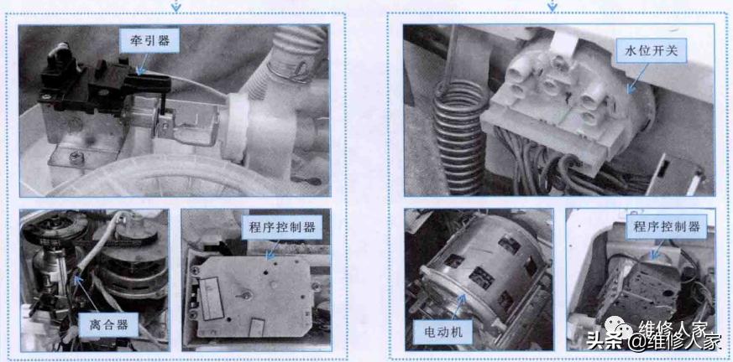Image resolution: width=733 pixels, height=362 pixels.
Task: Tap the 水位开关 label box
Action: (656, 53)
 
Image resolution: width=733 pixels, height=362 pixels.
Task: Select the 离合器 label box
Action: (109, 324)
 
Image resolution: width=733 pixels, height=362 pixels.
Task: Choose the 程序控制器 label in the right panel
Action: (667, 227)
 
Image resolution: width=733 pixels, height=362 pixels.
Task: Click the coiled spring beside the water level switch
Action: (460, 135)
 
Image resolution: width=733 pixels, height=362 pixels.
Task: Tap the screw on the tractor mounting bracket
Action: (76, 156)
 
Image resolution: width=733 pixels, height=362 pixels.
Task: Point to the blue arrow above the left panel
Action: (175, 6)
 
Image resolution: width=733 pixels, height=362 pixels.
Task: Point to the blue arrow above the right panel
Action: (552, 6)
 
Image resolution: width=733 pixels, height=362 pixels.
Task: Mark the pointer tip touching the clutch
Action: (76, 277)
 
